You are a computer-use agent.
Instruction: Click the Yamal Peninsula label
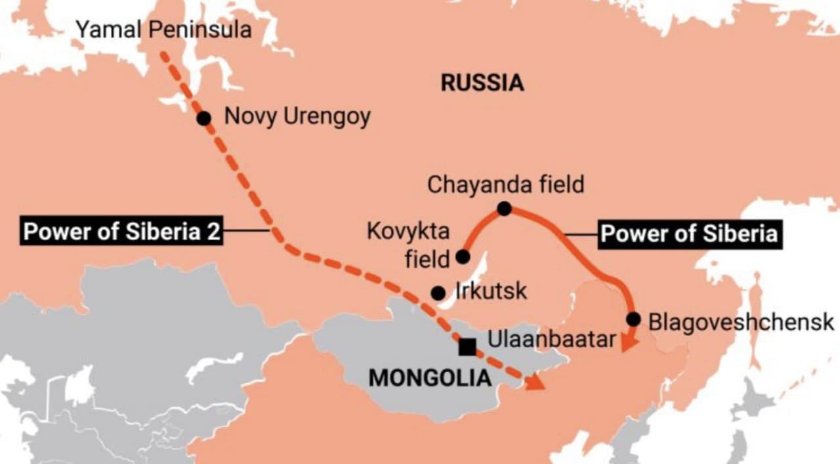click(164, 30)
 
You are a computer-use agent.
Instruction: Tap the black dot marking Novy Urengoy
click(204, 118)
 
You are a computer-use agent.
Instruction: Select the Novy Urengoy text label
click(297, 117)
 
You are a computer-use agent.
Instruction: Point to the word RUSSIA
click(482, 83)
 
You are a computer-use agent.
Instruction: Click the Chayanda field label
click(505, 184)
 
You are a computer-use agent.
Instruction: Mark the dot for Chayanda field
click(504, 209)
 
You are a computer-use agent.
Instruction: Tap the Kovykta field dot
click(463, 256)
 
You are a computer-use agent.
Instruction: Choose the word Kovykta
click(408, 232)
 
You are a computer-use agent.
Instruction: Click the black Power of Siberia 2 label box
click(122, 232)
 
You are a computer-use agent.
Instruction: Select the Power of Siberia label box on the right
click(689, 234)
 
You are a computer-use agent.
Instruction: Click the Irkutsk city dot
click(438, 293)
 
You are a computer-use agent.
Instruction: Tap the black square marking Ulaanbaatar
click(467, 347)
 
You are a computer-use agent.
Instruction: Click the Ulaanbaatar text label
click(552, 339)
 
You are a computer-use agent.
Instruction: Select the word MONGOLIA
click(430, 377)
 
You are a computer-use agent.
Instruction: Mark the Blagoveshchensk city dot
click(633, 319)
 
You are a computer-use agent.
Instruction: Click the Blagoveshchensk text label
click(741, 322)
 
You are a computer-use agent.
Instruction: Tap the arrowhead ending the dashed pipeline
click(537, 382)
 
